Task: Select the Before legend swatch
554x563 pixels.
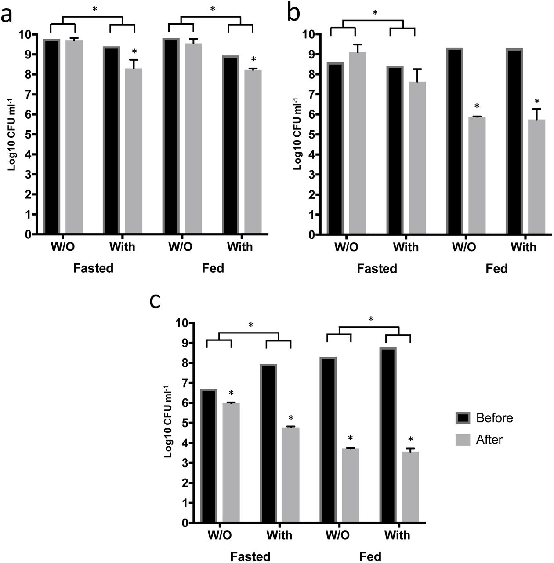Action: coord(463,417)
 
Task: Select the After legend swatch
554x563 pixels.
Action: coord(463,439)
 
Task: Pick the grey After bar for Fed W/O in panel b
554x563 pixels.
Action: coord(477,176)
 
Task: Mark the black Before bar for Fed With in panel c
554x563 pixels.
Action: coord(388,435)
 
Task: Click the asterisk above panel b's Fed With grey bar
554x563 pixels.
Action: coord(536,101)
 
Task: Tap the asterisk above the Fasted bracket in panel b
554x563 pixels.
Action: coord(374,13)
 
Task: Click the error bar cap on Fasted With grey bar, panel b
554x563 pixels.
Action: coord(417,69)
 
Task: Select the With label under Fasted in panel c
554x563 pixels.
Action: coord(279,535)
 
